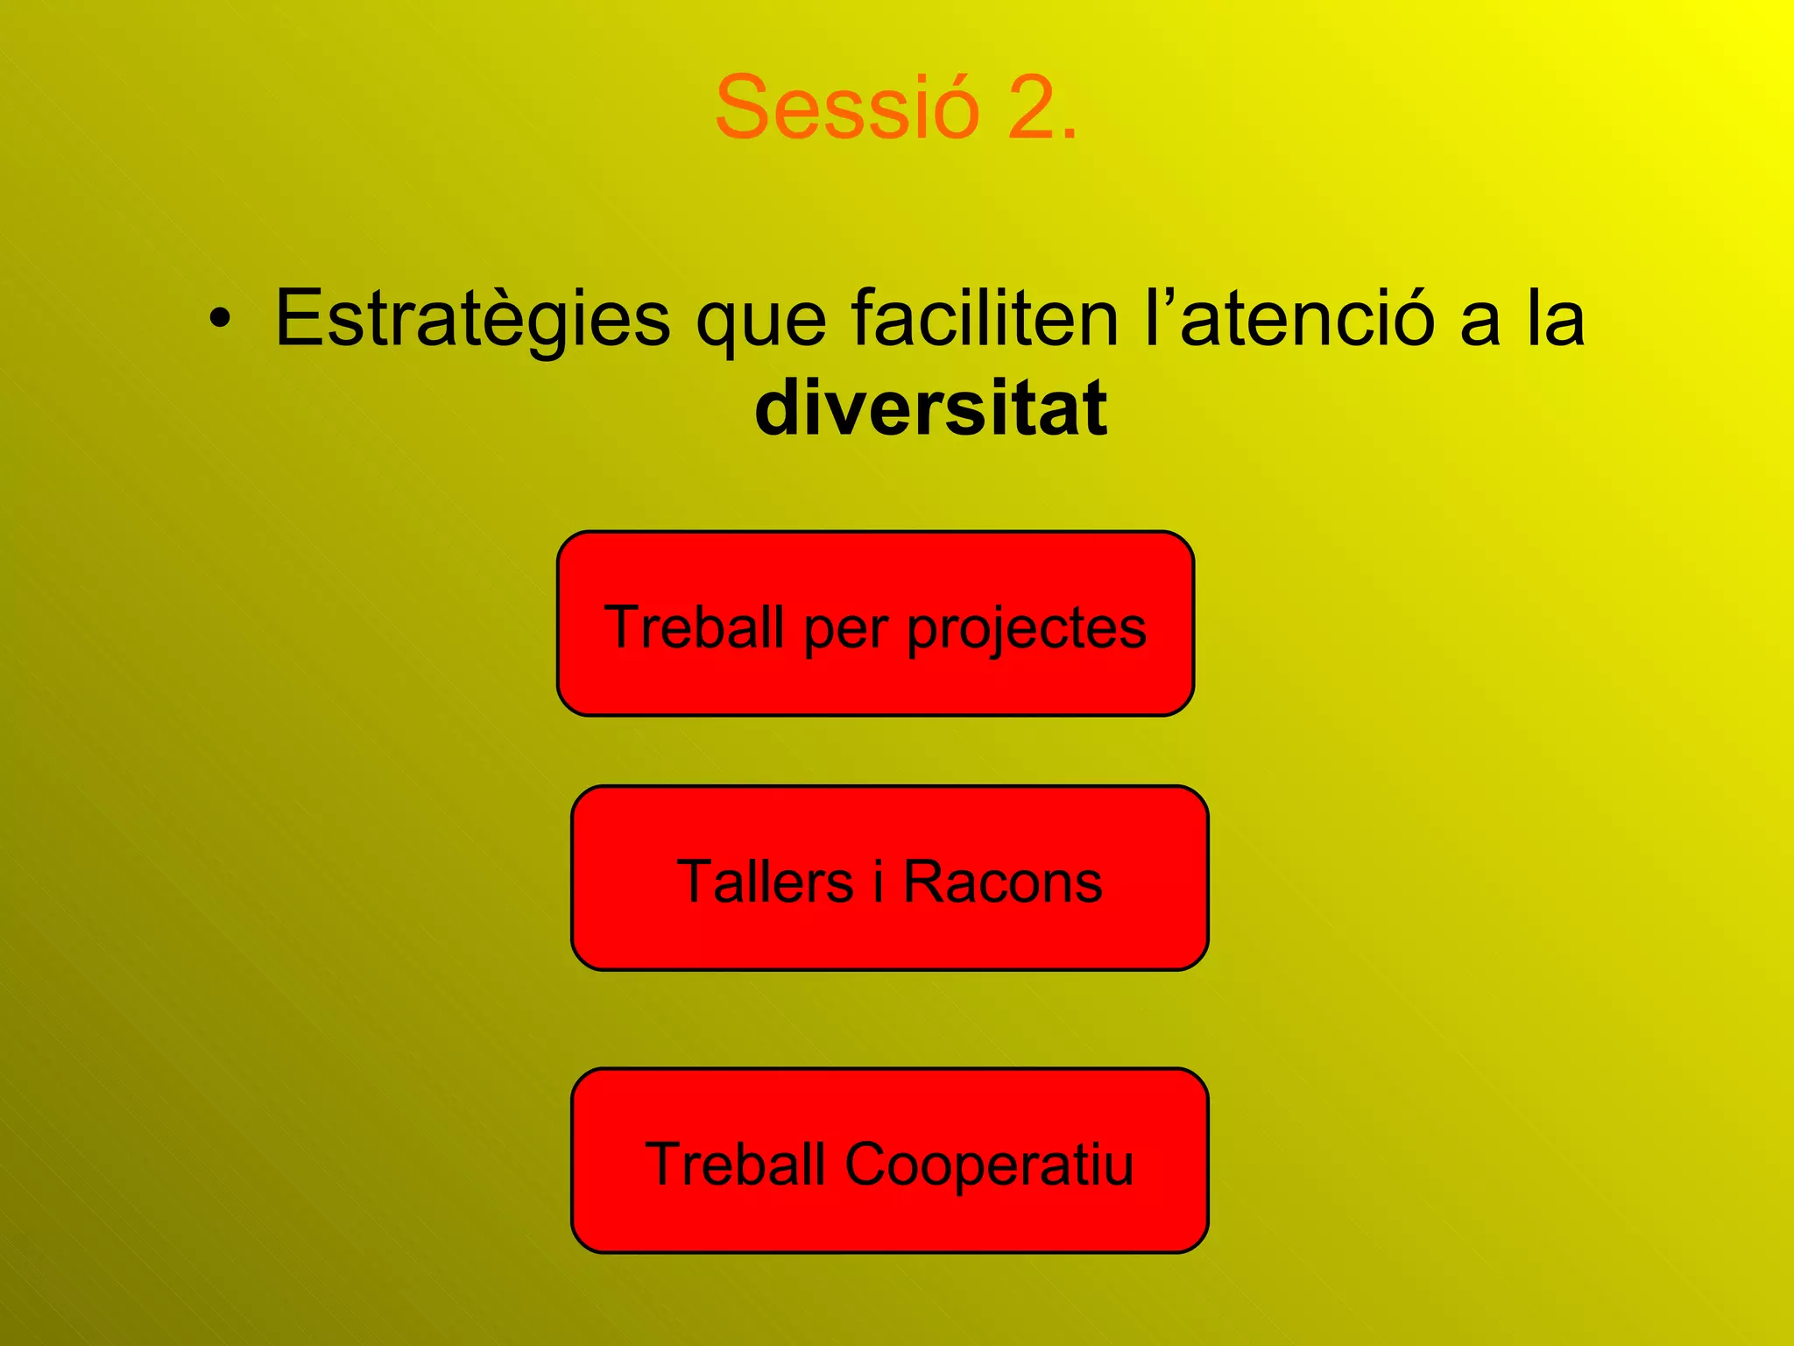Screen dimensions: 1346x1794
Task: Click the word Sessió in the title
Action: [846, 108]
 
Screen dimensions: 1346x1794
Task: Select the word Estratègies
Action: [473, 320]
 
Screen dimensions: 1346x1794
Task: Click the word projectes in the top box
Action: [1026, 629]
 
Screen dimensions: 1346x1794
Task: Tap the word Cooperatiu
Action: [989, 1165]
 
